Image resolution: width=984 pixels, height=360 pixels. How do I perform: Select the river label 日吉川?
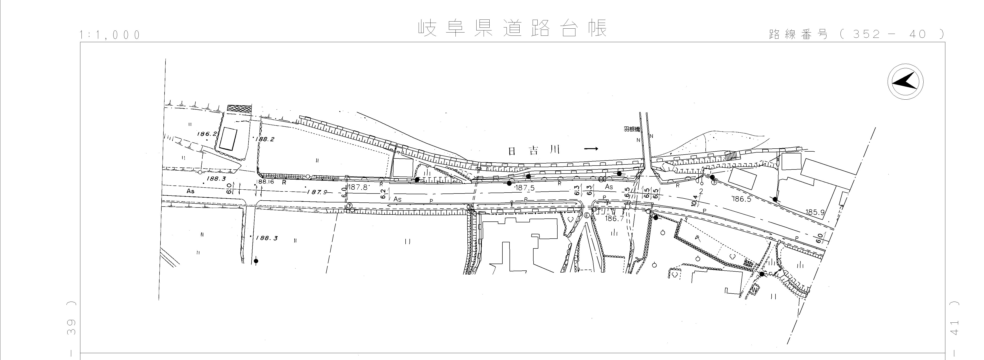pyautogui.click(x=534, y=150)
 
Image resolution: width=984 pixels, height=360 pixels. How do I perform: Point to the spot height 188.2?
pyautogui.click(x=265, y=139)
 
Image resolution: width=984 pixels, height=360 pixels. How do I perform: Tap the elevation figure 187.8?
pyautogui.click(x=358, y=187)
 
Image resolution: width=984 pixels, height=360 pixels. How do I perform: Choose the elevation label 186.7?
pyautogui.click(x=615, y=219)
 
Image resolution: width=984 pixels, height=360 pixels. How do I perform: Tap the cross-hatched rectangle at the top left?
pyautogui.click(x=239, y=108)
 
